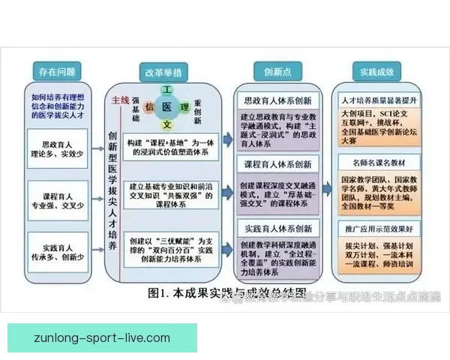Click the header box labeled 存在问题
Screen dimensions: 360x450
56,72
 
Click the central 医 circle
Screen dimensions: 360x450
166,107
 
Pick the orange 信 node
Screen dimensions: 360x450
149,106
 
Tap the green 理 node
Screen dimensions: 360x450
184,106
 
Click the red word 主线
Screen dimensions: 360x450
120,100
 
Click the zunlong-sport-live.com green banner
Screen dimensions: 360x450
102,338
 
